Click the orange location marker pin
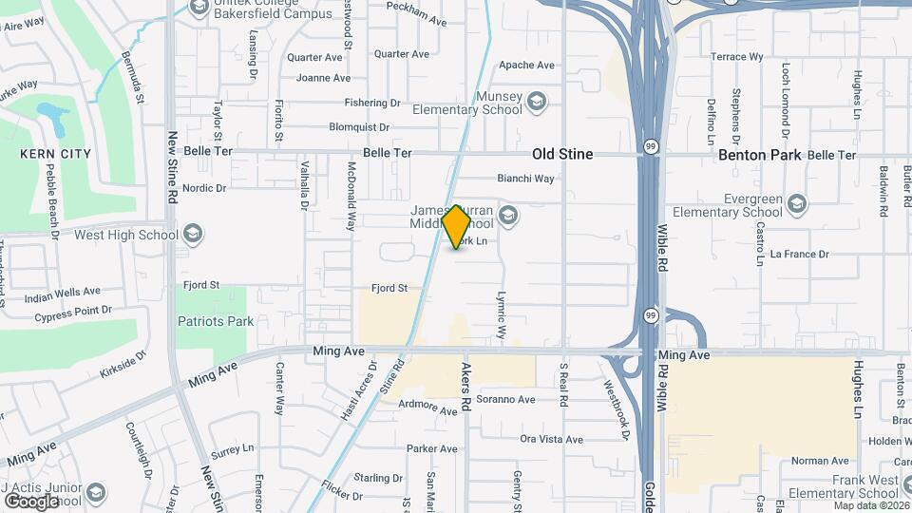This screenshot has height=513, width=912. pyautogui.click(x=457, y=226)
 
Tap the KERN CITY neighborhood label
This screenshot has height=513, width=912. pyautogui.click(x=56, y=154)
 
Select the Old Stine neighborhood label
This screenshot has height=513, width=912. pyautogui.click(x=562, y=154)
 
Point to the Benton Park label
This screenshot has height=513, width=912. pyautogui.click(x=760, y=155)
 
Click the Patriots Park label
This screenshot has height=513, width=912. pyautogui.click(x=216, y=321)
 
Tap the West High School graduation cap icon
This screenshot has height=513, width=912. pyautogui.click(x=193, y=234)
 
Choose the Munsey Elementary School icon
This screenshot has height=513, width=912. pyautogui.click(x=537, y=100)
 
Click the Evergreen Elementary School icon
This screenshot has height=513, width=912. pyautogui.click(x=796, y=202)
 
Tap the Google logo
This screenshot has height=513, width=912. pyautogui.click(x=32, y=501)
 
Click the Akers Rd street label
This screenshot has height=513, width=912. pyautogui.click(x=466, y=385)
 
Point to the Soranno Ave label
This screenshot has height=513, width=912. pyautogui.click(x=509, y=398)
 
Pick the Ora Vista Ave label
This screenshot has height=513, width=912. pyautogui.click(x=551, y=439)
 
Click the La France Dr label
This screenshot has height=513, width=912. pyautogui.click(x=800, y=254)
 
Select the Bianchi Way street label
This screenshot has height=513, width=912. pyautogui.click(x=526, y=178)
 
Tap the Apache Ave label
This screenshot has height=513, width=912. pyautogui.click(x=526, y=66)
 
